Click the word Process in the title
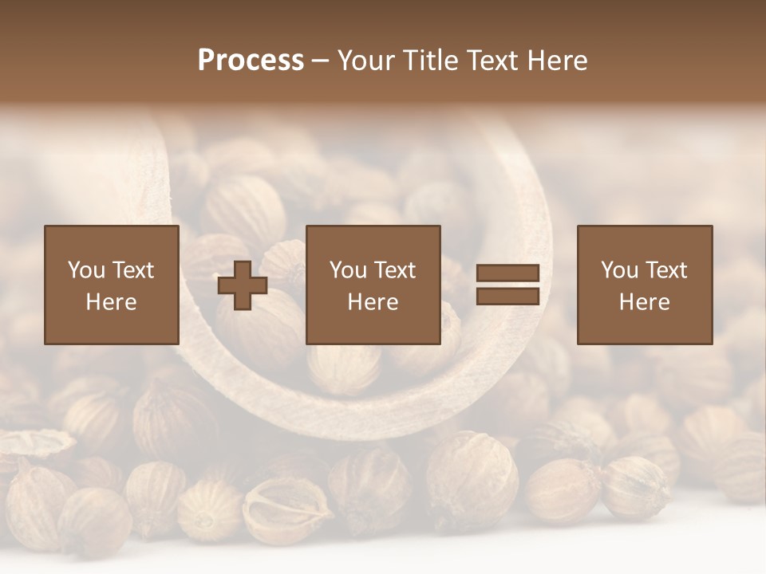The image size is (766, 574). click(251, 61)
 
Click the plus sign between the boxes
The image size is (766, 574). click(243, 285)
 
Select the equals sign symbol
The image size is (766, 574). click(507, 285)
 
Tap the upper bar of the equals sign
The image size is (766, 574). click(507, 273)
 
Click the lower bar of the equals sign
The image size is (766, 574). click(507, 297)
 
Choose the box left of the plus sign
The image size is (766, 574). click(112, 285)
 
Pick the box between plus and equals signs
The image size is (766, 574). click(373, 285)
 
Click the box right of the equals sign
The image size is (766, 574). click(645, 285)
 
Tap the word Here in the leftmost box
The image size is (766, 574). click(112, 302)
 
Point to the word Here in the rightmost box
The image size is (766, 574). click(645, 302)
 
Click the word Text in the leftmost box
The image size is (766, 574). click(132, 270)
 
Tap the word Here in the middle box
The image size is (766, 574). click(373, 302)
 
